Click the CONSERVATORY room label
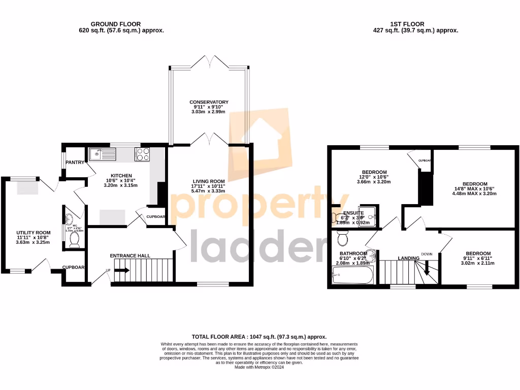[x=209, y=102]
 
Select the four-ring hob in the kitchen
[x=142, y=154]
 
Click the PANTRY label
[x=74, y=162]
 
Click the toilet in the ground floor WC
[x=74, y=239]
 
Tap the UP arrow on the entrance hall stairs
[x=121, y=270]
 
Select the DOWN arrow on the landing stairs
[x=427, y=267]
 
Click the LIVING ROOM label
[x=209, y=181]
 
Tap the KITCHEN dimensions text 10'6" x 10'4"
[x=119, y=180]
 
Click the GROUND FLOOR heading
[x=116, y=24]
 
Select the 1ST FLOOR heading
[x=408, y=24]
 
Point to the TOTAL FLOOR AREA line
[x=259, y=337]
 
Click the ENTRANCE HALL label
[x=130, y=255]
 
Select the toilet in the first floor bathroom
[x=342, y=238]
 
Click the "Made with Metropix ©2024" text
[x=259, y=367]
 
